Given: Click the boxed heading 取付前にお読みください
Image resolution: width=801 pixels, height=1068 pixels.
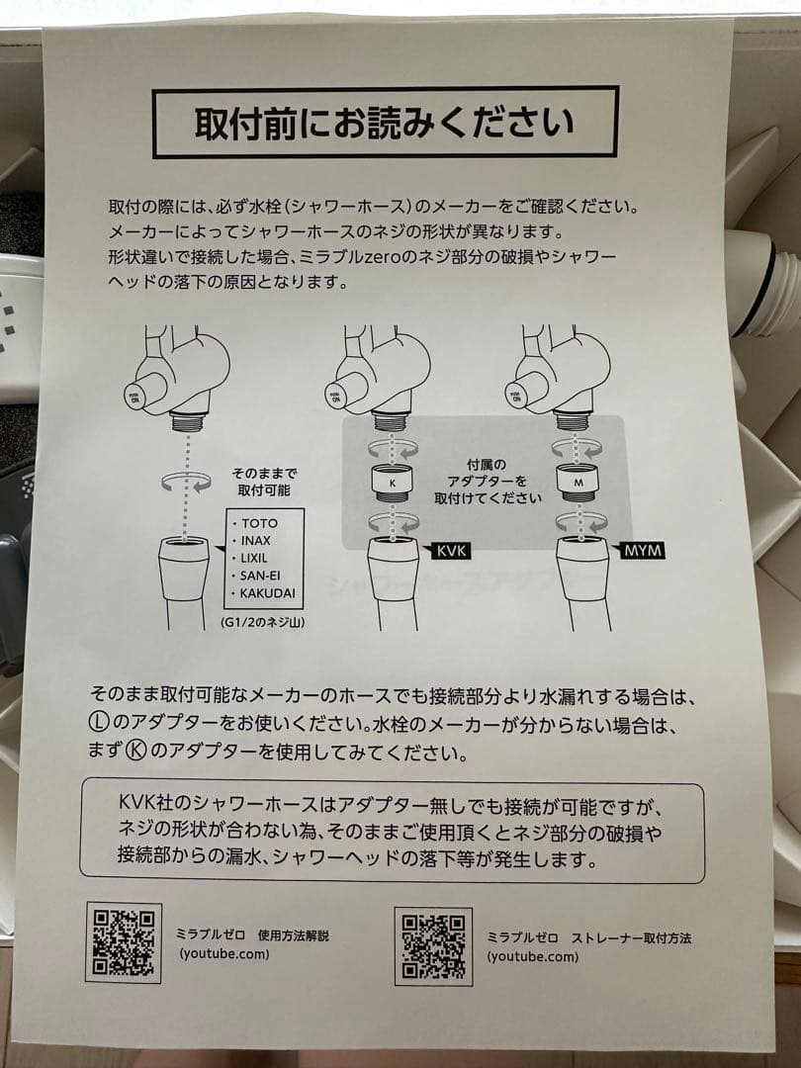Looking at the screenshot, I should [x=385, y=123].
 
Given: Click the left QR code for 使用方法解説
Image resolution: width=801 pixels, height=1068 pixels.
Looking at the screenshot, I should [x=124, y=941].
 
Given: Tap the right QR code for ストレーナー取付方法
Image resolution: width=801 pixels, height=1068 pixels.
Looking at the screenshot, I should [x=432, y=946].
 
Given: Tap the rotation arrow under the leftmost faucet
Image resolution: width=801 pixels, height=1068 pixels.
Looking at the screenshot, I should [x=185, y=483].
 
